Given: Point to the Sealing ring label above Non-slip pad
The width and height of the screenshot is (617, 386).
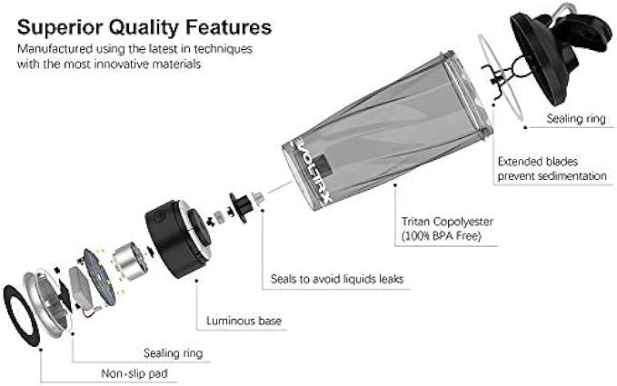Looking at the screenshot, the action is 173,352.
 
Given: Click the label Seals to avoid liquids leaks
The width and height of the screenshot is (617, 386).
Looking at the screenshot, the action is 337,279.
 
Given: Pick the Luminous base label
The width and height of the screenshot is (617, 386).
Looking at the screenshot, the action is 244,321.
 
